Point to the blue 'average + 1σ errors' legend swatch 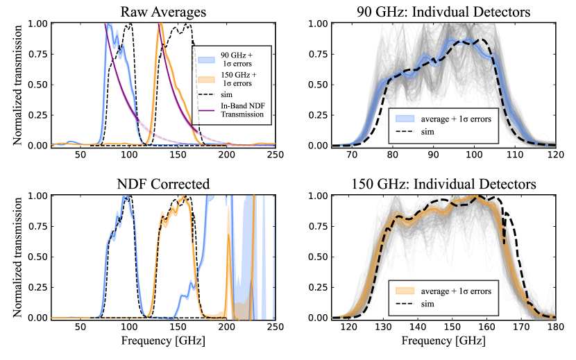point(405,119)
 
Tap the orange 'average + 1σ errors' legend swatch point(405,291)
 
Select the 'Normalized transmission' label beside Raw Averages point(8,84)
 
